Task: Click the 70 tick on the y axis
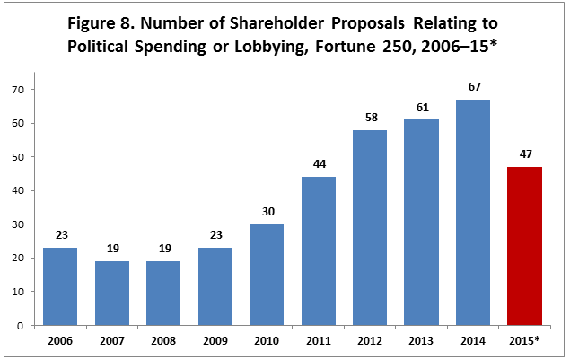[16, 90]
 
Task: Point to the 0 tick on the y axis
[19, 326]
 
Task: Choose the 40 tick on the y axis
[16, 190]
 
